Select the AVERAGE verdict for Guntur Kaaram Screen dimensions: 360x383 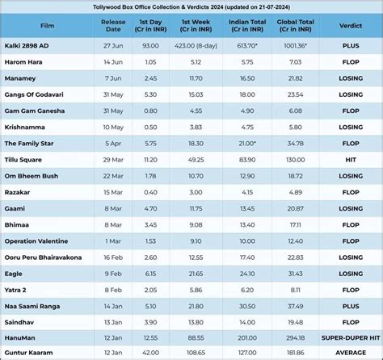point(349,353)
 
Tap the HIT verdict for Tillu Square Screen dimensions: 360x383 point(349,159)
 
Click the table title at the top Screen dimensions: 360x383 point(191,8)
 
